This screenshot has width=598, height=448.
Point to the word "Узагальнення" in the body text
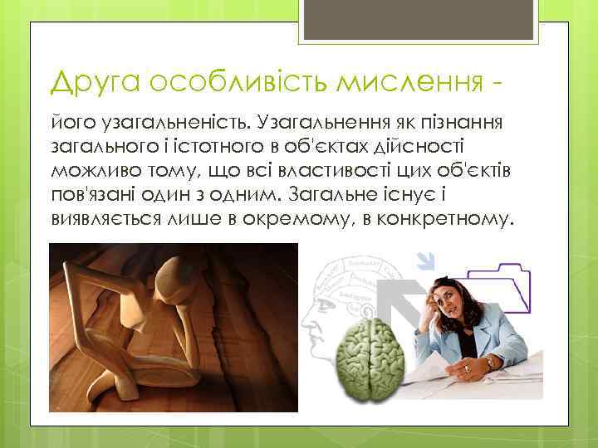(x=310, y=124)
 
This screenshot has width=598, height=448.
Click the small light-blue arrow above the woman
(x=426, y=261)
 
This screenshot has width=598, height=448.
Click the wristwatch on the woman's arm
(x=490, y=363)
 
